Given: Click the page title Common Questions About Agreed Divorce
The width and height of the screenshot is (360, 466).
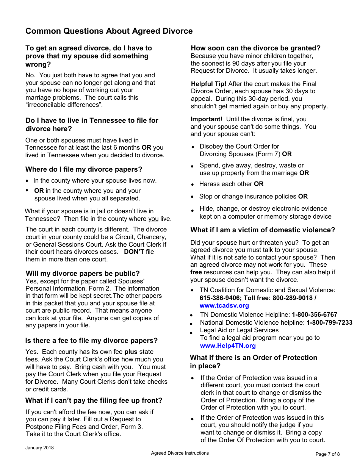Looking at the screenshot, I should [x=109, y=31].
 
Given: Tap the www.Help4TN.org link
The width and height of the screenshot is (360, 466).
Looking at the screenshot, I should [x=227, y=346].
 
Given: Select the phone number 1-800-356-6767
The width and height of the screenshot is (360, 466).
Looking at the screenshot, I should [x=314, y=315].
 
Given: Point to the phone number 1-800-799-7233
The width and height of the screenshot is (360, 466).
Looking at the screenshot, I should [x=329, y=323].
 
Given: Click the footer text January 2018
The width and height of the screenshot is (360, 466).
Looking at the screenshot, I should [x=39, y=448].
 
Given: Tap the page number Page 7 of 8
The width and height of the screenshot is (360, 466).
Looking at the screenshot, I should [x=327, y=454].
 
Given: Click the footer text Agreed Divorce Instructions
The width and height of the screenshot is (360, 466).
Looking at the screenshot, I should [x=180, y=453].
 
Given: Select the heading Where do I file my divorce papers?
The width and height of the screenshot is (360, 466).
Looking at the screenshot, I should [x=84, y=169].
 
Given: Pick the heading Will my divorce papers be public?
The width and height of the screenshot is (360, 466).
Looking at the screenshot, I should [x=83, y=274].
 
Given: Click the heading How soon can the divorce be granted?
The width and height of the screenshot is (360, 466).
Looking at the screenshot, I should [x=255, y=48].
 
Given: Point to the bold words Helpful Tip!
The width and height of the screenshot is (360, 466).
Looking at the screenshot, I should [x=208, y=84].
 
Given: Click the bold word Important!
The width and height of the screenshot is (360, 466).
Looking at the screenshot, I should [x=206, y=119].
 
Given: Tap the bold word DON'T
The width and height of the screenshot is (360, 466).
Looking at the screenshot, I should [x=134, y=252].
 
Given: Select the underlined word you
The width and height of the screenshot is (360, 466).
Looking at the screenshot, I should [x=153, y=219].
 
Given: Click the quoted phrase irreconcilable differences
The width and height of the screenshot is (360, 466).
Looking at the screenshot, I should [x=64, y=105].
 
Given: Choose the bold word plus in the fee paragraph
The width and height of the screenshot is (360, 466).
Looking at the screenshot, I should [x=131, y=352].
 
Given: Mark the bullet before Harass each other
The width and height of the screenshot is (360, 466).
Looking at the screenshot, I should [x=193, y=185].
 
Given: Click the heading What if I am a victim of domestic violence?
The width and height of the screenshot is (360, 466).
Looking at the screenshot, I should [x=263, y=230].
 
